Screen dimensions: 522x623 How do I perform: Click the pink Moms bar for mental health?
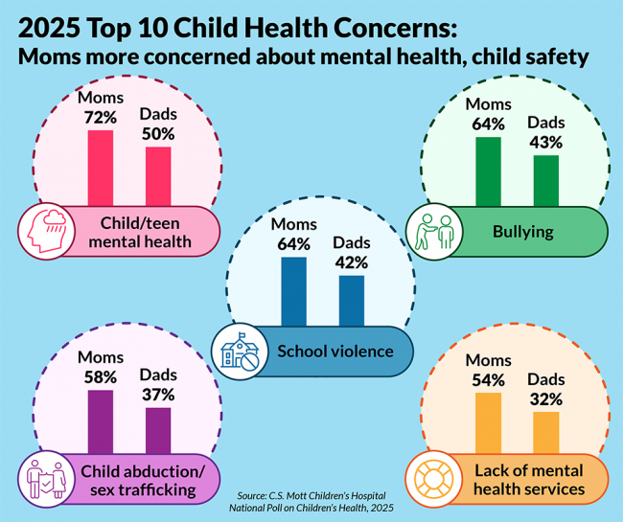101,168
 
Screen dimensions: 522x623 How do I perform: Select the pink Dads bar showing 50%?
158,175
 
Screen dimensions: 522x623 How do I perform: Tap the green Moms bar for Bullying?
488,171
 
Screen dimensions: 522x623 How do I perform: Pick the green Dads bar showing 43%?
545,180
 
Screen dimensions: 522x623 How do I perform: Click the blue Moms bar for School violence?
293,291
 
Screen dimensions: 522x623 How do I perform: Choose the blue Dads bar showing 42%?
352,301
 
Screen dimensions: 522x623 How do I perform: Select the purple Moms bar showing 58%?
101,421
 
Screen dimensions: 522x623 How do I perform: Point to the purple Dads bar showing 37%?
158,430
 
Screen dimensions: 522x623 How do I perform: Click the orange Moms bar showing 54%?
488,422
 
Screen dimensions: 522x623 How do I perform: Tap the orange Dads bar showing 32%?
545,432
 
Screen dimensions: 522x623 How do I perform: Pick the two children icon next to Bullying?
433,232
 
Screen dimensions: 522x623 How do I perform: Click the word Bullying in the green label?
522,232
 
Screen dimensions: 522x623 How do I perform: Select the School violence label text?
335,351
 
